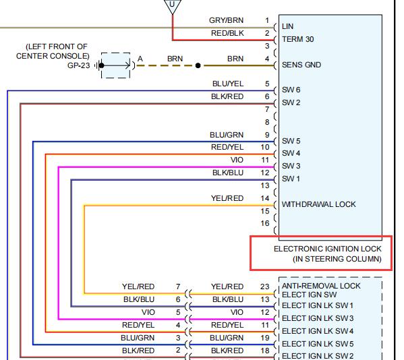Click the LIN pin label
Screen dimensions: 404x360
[287, 26]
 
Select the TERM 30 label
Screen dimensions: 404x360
[298, 39]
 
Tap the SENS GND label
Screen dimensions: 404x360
[301, 65]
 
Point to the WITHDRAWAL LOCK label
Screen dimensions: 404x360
[319, 204]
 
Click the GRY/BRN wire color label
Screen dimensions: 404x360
[226, 20]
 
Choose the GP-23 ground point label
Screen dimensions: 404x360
[79, 65]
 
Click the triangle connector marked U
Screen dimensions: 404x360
[173, 6]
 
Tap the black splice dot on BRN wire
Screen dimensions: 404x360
[198, 65]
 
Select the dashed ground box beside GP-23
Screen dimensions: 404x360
[116, 65]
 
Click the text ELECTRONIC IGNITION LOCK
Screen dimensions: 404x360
[328, 249]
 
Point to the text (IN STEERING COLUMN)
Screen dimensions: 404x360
[337, 259]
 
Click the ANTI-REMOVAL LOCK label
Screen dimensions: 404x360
[321, 286]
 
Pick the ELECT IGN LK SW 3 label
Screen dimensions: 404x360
[318, 318]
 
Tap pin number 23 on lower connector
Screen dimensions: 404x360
[264, 287]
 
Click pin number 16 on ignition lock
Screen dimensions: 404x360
[265, 223]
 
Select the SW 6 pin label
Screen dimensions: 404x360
[291, 90]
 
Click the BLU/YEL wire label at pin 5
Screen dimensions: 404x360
[228, 84]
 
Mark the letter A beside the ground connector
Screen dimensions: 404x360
[140, 59]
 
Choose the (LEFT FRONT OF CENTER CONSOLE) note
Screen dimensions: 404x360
[53, 51]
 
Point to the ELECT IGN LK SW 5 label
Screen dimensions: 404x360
[318, 344]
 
